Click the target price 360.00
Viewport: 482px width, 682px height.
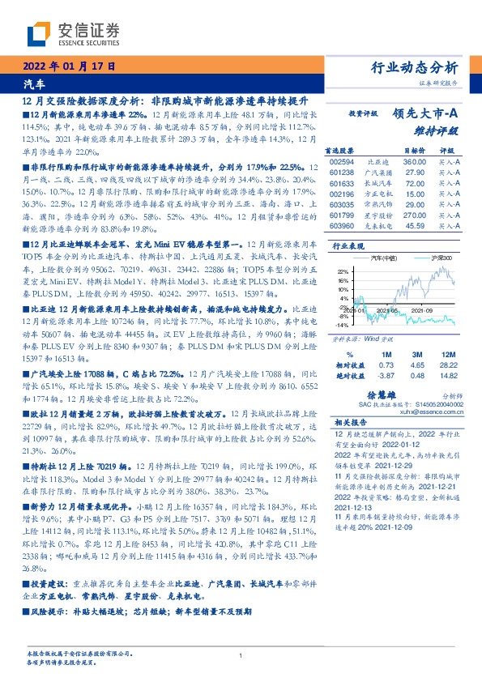click(x=415, y=162)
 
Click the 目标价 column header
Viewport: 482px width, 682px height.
click(x=415, y=151)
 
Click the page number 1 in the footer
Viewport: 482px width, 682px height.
click(x=241, y=656)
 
